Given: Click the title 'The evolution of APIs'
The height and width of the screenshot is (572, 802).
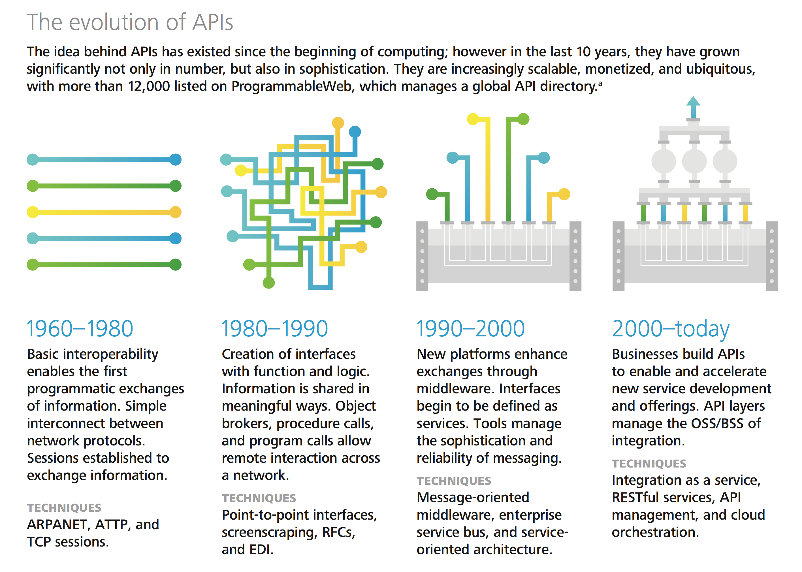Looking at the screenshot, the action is tap(130, 22).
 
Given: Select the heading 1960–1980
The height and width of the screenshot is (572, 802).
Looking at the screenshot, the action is tap(80, 329).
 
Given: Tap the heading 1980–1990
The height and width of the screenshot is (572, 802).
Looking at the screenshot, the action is tap(275, 329).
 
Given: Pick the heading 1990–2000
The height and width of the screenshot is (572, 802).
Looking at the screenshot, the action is tap(471, 329).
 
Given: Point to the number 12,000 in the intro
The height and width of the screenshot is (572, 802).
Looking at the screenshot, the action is tap(149, 87).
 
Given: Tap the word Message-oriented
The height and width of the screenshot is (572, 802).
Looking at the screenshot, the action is tap(473, 497).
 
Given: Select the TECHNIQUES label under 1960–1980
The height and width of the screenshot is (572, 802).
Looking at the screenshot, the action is tap(64, 507).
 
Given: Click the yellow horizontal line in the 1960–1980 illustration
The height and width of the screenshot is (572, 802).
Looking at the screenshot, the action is tap(104, 212).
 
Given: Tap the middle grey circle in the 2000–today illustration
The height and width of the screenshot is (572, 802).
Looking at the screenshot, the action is tap(694, 161).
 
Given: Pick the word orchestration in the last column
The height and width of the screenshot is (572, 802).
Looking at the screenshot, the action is tap(655, 532).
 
